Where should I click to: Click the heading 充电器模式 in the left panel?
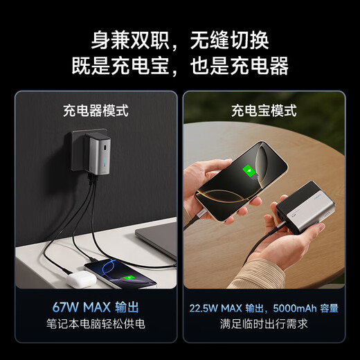[x=96, y=109]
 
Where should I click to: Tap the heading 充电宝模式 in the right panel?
[x=264, y=109]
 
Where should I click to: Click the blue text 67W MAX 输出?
[x=96, y=306]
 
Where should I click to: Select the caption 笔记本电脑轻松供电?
[x=96, y=323]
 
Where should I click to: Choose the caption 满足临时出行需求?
[x=264, y=323]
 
